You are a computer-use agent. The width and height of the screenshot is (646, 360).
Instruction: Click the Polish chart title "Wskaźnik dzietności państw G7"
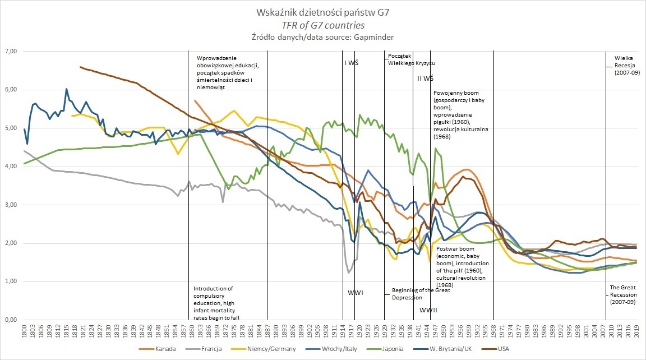pos(322,12)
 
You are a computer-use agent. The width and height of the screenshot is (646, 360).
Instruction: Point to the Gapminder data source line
pos(322,38)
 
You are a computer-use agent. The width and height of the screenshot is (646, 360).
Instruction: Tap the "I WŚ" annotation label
pos(351,63)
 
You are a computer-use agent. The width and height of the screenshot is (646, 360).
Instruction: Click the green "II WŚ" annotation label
pos(426,79)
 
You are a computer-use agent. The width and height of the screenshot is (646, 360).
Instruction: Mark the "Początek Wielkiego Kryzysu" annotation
pos(412,60)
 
